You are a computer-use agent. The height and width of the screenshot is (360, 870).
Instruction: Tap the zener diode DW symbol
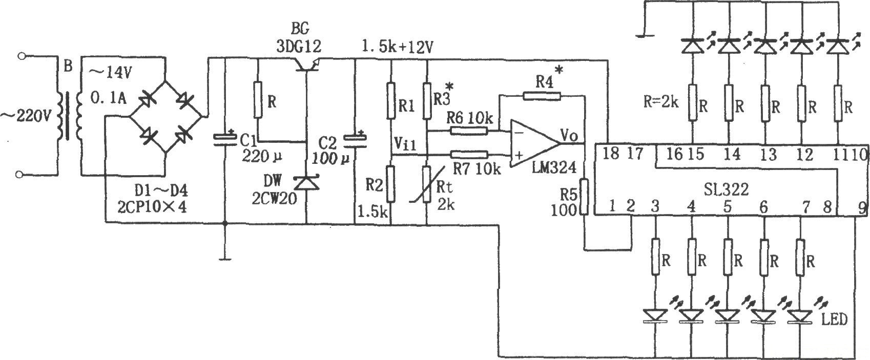pos(306,183)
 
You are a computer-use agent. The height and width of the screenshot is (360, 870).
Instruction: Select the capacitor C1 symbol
pos(224,139)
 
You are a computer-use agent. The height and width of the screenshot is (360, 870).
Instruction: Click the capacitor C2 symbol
pos(355,139)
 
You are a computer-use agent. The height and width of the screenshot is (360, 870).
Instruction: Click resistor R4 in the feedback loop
pos(542,95)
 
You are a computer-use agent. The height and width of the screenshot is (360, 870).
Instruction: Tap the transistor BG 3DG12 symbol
pos(306,64)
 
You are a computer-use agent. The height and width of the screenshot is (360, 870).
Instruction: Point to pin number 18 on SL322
pos(611,154)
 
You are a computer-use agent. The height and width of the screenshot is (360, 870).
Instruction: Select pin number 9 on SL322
pos(862,208)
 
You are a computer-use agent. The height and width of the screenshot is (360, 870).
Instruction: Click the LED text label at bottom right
pos(835,320)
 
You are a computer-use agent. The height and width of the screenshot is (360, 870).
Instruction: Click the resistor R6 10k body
pos(469,131)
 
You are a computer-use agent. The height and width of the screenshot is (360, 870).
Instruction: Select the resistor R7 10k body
pos(469,154)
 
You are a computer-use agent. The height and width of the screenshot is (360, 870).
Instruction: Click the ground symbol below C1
pos(224,258)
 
